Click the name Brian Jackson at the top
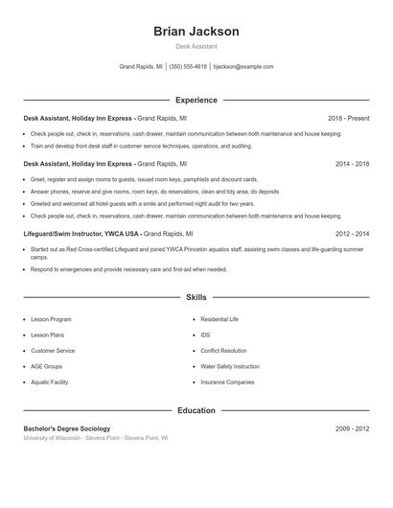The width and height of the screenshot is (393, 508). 196,32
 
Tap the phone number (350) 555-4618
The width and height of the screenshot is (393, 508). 189,67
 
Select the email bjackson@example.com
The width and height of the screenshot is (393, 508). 243,67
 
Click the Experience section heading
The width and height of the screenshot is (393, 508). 196,100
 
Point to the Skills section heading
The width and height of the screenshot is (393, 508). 196,298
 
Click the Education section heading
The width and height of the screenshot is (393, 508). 196,410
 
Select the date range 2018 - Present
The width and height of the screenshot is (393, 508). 348,118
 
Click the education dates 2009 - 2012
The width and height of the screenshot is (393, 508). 352,428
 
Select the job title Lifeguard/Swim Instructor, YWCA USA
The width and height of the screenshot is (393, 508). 82,233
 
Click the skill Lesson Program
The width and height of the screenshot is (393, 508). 51,318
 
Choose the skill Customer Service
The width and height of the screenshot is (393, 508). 53,351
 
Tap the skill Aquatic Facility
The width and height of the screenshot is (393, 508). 50,381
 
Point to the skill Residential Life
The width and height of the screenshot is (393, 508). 220,318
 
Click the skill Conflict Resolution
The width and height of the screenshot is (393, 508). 223,351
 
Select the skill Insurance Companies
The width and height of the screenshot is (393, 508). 227,381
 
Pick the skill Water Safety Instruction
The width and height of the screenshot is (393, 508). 230,366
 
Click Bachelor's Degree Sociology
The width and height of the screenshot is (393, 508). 67,428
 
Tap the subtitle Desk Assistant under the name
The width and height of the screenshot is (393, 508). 196,46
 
